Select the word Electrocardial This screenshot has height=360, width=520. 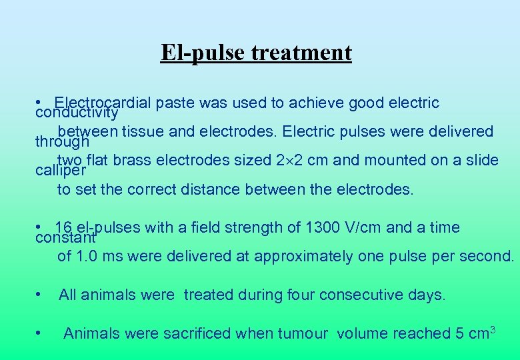point(104,103)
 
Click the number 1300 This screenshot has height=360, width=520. point(323,227)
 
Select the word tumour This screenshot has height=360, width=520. point(301,333)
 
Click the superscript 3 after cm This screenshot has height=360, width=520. point(493,329)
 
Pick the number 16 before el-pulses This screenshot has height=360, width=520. point(64,227)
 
